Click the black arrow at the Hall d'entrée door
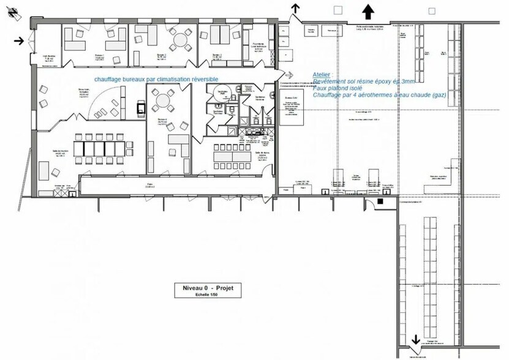(20, 41)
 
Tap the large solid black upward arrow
(368, 10)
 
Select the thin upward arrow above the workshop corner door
(296, 8)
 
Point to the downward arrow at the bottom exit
(415, 339)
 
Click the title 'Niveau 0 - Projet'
(208, 287)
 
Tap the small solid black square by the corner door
(380, 201)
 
